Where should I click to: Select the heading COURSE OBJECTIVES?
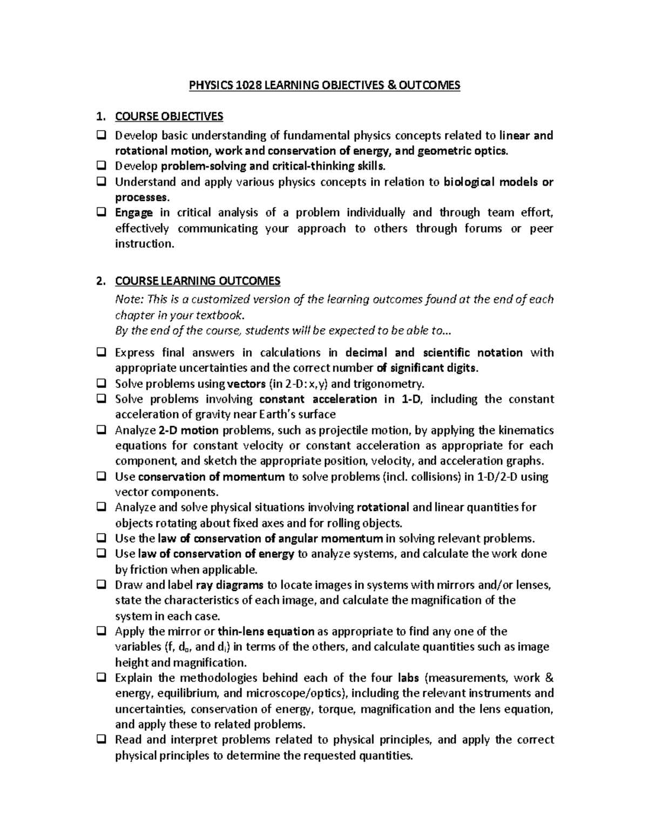tap(168, 117)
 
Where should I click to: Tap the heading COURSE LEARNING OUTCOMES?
tap(198, 281)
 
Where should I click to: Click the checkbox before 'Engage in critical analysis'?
tap(101, 213)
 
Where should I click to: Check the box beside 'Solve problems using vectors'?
tap(101, 384)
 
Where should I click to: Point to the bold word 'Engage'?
tap(134, 213)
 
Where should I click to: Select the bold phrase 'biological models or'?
tap(498, 182)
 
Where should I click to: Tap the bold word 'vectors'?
tap(246, 384)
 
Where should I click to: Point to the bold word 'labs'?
tap(409, 678)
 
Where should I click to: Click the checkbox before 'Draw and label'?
tap(101, 585)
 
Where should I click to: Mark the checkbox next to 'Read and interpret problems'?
tap(101, 740)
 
